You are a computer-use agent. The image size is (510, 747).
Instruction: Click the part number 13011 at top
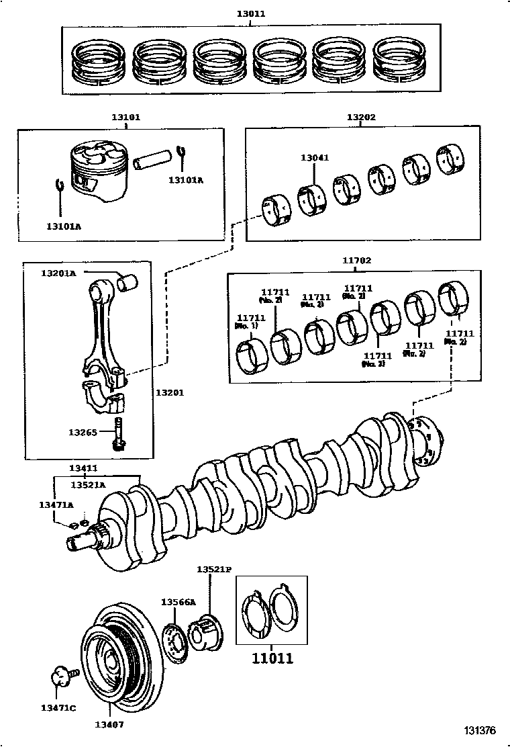[250, 13]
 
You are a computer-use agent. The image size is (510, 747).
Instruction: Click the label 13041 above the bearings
[314, 158]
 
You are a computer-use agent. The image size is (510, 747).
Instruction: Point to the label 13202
[361, 117]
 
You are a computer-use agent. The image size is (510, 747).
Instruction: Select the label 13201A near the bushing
[58, 273]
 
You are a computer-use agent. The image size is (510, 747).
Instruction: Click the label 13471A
[56, 504]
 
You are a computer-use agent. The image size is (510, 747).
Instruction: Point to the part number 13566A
[178, 602]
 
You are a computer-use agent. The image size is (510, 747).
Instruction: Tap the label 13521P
[213, 569]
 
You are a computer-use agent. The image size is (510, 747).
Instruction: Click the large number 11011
[272, 659]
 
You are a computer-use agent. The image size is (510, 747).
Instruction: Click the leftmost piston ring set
[99, 61]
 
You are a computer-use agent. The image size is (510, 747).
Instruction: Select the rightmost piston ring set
[401, 61]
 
